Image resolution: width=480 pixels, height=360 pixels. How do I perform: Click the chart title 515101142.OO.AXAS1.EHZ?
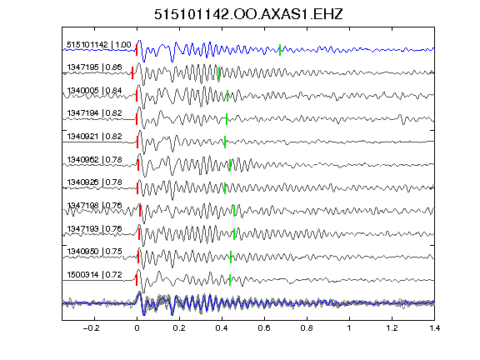tap(248, 14)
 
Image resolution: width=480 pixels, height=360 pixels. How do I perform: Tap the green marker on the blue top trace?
tap(280, 50)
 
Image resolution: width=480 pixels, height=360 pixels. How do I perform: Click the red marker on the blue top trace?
tap(137, 50)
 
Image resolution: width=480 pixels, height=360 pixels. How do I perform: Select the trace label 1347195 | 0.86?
tap(95, 67)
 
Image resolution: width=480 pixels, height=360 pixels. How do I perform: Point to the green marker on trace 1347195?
tap(219, 72)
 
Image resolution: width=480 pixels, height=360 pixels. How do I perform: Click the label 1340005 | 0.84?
tap(95, 91)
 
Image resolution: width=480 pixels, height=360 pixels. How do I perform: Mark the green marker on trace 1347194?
tap(227, 119)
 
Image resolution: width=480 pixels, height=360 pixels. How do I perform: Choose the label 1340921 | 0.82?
tap(95, 137)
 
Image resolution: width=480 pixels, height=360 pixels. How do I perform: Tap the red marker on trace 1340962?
tap(138, 165)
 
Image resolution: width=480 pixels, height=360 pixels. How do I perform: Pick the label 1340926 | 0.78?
tap(95, 182)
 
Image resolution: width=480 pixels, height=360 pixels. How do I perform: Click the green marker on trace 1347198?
tap(234, 211)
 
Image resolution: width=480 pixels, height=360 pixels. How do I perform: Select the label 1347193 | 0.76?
tap(95, 229)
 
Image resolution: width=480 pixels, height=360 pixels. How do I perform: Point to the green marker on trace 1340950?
tap(231, 257)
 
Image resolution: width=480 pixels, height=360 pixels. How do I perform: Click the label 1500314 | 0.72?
tap(95, 275)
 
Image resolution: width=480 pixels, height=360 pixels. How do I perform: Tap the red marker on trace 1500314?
tap(137, 280)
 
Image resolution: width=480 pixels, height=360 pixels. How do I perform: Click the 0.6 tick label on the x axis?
tap(264, 328)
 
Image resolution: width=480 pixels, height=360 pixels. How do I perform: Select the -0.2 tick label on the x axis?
tap(91, 328)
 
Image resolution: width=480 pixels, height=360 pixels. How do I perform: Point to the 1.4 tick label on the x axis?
tap(434, 328)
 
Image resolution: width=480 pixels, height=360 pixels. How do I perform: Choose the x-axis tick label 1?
tap(349, 328)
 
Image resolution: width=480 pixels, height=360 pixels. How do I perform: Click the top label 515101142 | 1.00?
tap(99, 45)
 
